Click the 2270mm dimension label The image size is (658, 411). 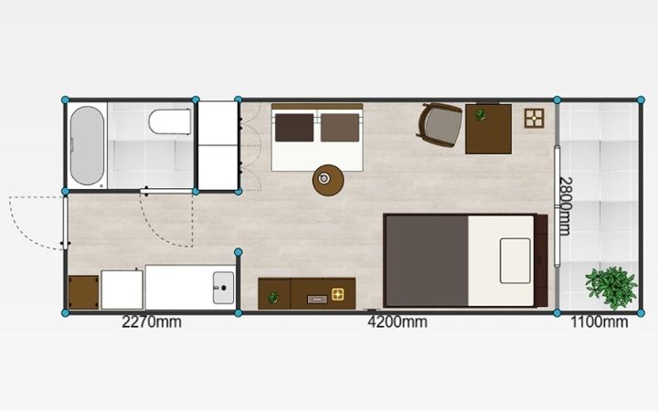152,322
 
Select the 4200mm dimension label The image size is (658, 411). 398,322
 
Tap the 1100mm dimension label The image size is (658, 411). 599,322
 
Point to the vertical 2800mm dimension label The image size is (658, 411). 566,205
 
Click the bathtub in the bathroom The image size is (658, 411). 87,145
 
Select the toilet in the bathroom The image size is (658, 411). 170,121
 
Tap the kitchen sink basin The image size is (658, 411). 223,288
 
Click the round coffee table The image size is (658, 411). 328,180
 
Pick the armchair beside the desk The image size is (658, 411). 440,125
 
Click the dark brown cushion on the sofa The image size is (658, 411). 294,128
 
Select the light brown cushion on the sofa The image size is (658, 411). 340,128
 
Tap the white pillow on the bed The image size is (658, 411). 515,261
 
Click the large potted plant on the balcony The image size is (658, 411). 611,288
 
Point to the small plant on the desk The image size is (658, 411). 481,114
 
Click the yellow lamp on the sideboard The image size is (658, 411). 338,294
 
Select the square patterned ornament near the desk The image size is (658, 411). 535,118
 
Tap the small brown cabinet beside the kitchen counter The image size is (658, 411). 83,292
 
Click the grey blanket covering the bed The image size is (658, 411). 427,261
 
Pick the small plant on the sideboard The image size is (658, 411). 273,298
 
